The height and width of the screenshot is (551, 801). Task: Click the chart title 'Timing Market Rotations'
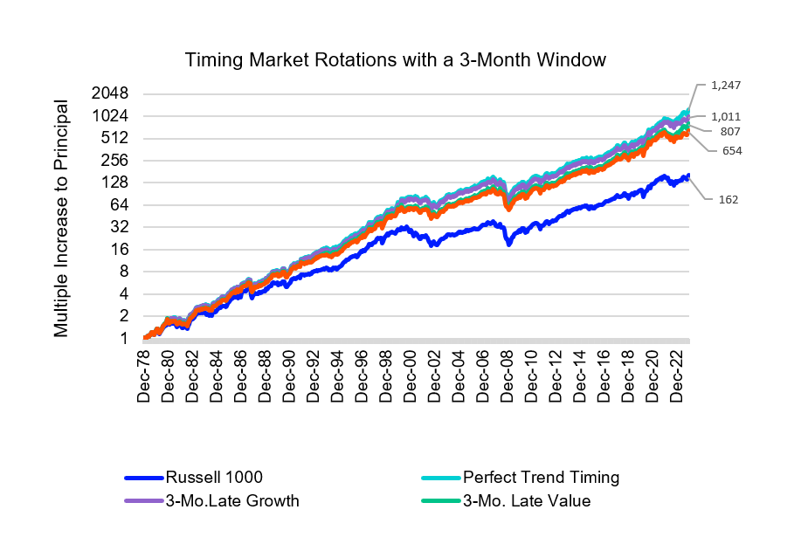(x=395, y=60)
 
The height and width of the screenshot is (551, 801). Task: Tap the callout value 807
(x=730, y=132)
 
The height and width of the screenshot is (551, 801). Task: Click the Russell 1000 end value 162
(x=728, y=199)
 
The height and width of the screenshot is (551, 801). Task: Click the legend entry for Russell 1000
(x=214, y=478)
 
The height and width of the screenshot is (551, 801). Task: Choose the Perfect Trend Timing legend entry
(x=541, y=478)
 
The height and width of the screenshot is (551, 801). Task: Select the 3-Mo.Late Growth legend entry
(x=231, y=500)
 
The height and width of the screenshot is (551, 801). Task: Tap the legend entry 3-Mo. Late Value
(x=527, y=500)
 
